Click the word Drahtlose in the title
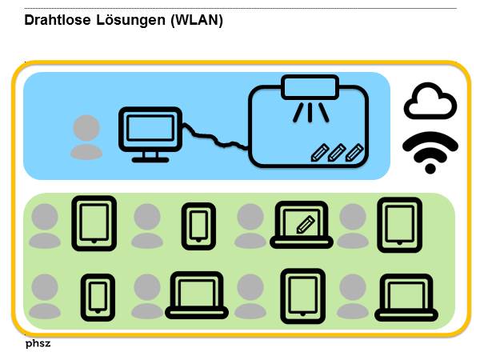click(54, 20)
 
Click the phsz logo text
click(38, 346)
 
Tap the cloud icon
click(430, 103)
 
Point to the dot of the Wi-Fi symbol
click(430, 168)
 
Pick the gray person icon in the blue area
click(86, 137)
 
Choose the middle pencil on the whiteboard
click(337, 151)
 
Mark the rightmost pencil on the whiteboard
click(354, 151)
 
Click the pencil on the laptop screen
click(304, 224)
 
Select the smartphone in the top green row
click(198, 222)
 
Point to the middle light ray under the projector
click(310, 111)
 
